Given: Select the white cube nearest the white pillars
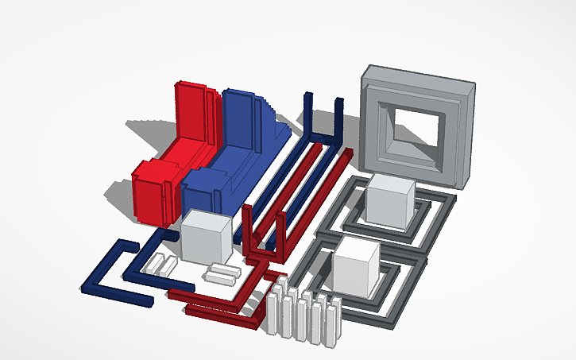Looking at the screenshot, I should click(355, 266).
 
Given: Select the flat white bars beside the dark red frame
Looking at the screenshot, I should click(220, 274).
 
